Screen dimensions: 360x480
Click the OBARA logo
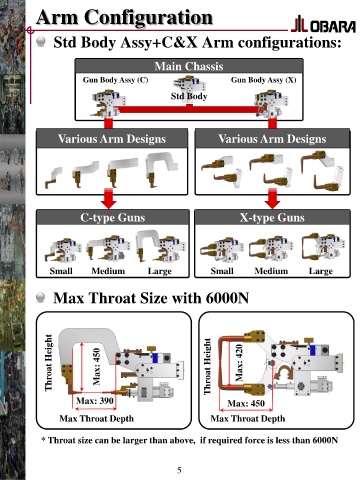(x=323, y=25)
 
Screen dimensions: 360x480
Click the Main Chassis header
(x=189, y=66)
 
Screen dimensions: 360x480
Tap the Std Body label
(x=189, y=96)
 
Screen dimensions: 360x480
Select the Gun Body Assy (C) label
(x=115, y=80)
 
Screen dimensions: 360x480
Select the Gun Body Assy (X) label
(x=263, y=80)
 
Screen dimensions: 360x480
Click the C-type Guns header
(x=113, y=218)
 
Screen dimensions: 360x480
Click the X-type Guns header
(x=272, y=218)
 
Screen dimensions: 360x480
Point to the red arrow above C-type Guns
(x=109, y=198)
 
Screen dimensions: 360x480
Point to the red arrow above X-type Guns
(x=272, y=198)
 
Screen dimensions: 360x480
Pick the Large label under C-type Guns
(x=160, y=271)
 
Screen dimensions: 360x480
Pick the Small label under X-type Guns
(x=222, y=271)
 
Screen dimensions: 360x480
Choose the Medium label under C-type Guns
(x=108, y=271)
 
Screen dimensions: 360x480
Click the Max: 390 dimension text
(x=95, y=400)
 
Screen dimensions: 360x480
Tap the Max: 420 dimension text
(x=239, y=362)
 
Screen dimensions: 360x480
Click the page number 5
(x=179, y=470)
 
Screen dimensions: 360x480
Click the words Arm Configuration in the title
(x=124, y=17)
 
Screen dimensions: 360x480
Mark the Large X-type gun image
(x=322, y=248)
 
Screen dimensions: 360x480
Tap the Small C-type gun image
(x=63, y=251)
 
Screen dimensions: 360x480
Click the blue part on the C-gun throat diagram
(x=155, y=358)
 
